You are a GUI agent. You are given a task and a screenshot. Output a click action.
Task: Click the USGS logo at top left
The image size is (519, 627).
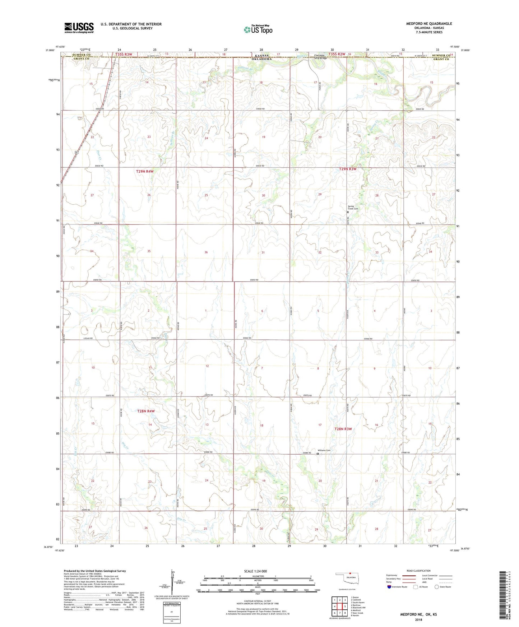point(79,28)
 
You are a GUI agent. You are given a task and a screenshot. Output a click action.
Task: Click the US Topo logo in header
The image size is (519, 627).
point(258,29)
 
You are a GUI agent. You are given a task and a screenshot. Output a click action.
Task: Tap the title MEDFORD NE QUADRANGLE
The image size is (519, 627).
point(429,24)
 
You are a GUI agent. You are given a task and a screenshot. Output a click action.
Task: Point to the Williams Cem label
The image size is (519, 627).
point(324,450)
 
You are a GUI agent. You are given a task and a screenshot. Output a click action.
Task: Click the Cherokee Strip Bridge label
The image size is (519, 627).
point(320,56)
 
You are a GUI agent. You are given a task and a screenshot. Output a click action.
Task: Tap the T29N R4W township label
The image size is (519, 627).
point(145,171)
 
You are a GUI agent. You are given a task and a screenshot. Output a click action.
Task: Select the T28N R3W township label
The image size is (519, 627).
point(343,429)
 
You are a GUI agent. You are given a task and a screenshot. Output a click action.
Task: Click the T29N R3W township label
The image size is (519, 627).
point(348,169)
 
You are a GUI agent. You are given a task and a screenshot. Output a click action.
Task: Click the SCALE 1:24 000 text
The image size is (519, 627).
point(255,571)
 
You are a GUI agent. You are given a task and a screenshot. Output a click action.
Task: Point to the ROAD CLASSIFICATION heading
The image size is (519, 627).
point(418,571)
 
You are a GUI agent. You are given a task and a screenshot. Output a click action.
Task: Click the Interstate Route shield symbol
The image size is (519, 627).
point(389,587)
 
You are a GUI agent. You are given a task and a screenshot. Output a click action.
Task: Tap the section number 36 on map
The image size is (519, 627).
point(206,252)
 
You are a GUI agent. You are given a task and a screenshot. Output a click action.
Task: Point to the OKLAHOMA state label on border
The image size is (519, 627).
point(263,59)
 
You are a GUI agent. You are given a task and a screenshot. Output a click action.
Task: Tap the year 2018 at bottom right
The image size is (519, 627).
point(418,619)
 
